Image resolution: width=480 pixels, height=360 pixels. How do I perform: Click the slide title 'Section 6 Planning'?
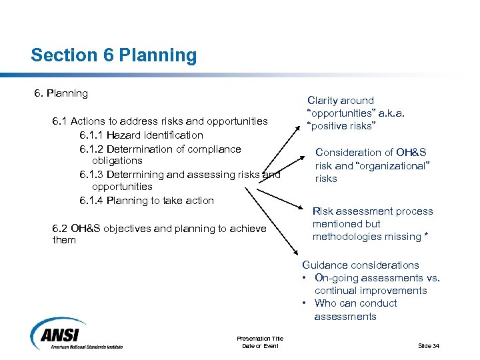click(x=113, y=55)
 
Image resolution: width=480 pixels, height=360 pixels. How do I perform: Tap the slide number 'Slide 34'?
click(x=429, y=345)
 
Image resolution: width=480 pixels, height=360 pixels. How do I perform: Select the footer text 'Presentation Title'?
click(x=260, y=339)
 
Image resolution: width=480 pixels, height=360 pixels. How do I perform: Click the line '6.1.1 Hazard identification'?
click(x=141, y=135)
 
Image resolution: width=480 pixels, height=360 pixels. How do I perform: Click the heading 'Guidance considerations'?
click(x=361, y=265)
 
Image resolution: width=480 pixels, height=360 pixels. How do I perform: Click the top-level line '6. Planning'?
click(x=61, y=93)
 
